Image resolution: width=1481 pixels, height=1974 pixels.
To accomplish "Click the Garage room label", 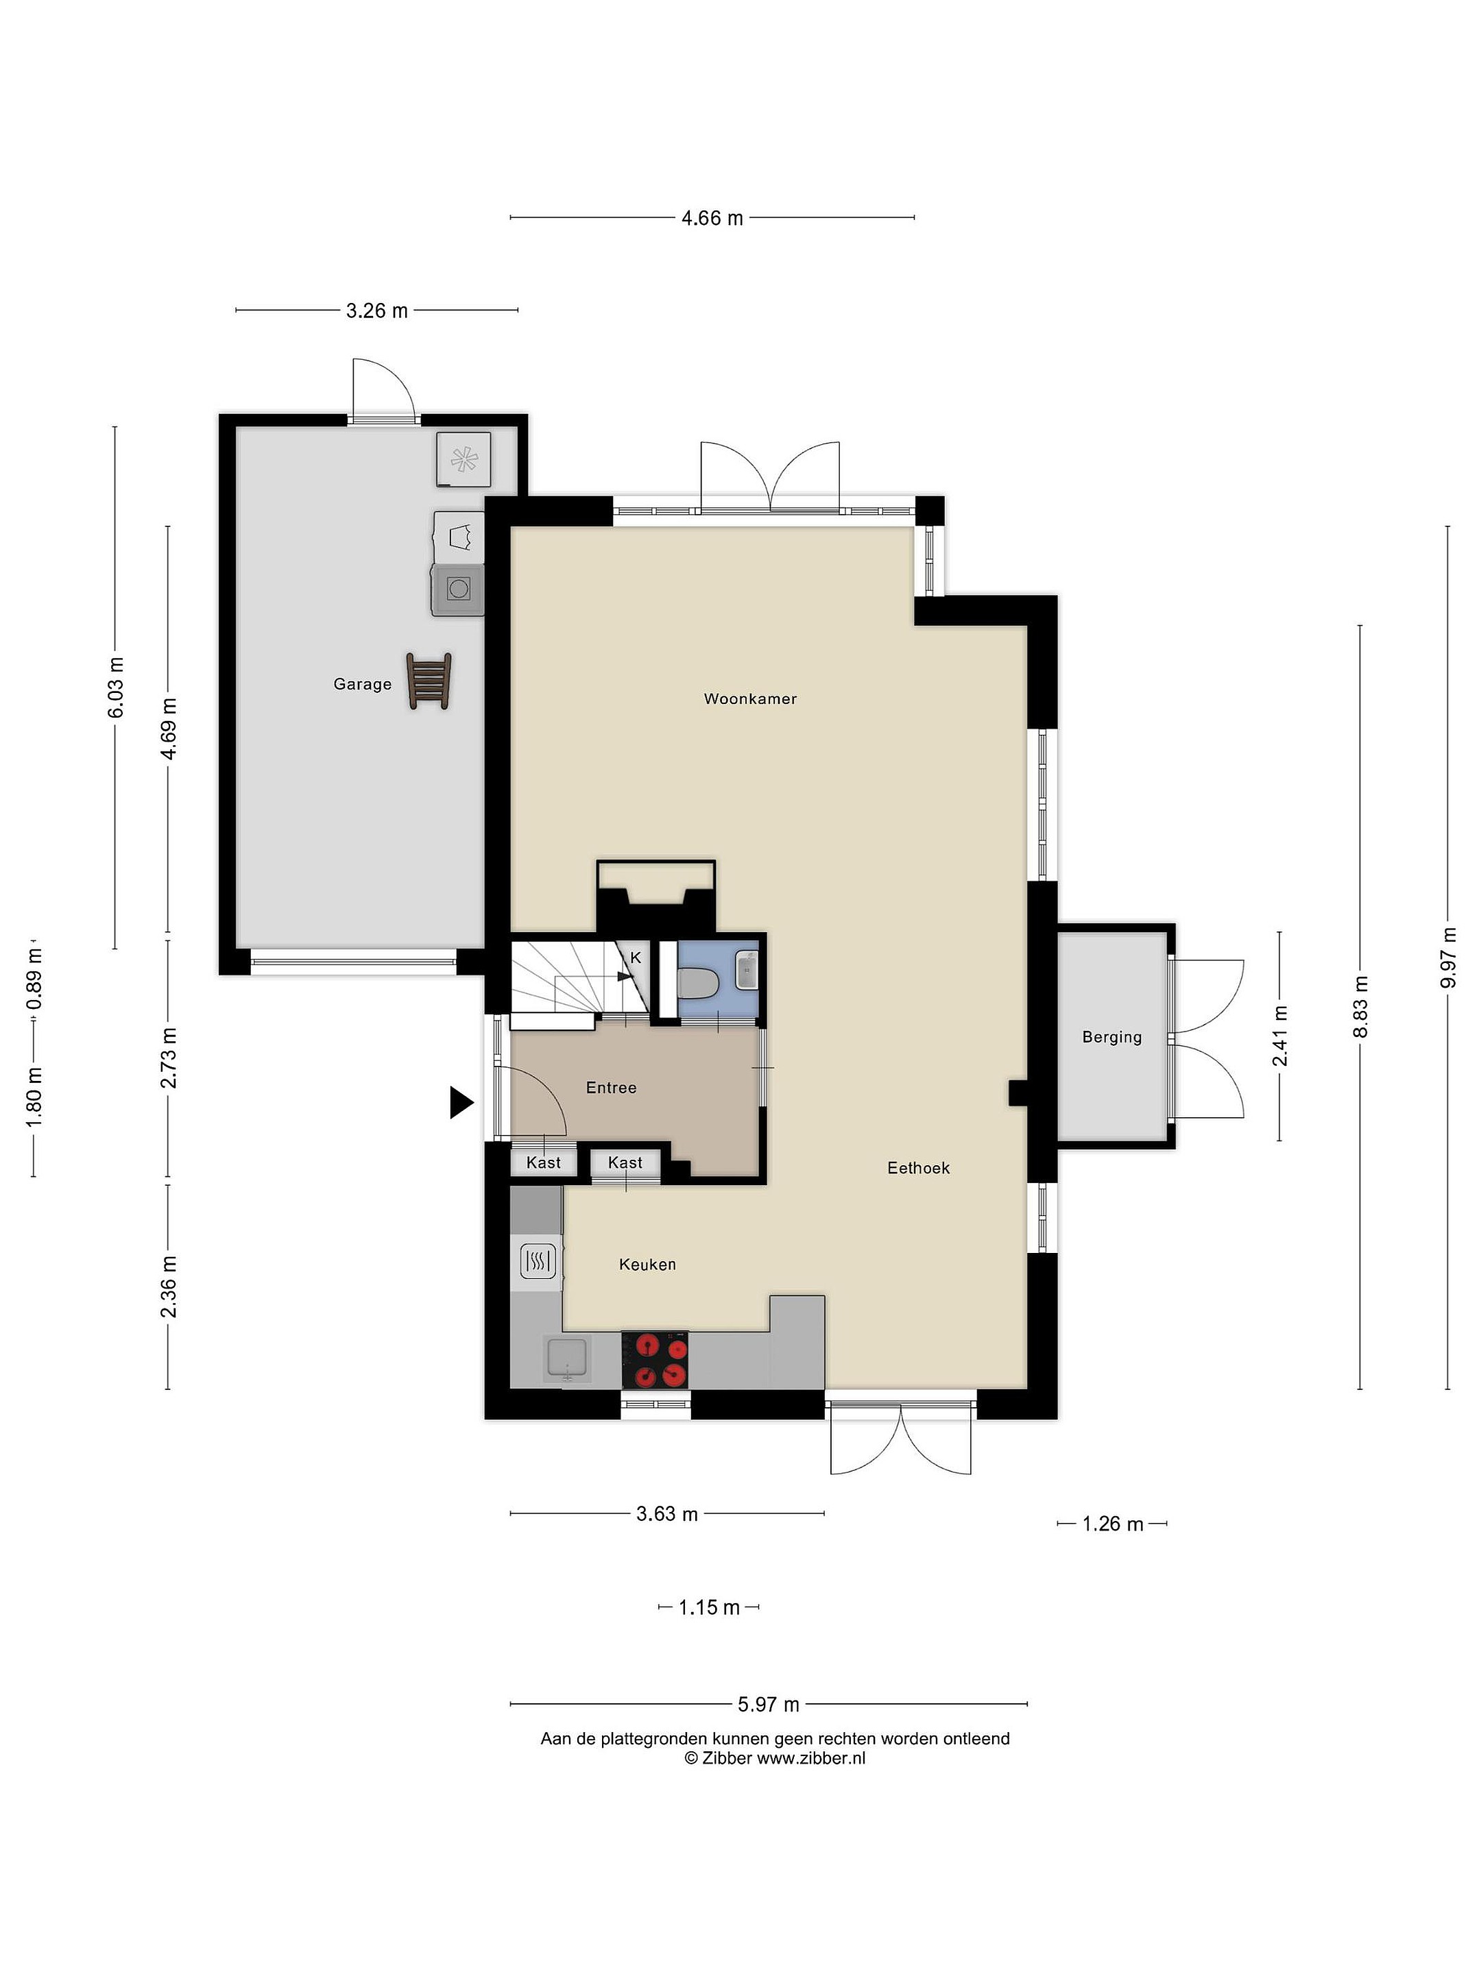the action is (x=363, y=685).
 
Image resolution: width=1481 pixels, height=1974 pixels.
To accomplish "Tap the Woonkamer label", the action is (x=750, y=698).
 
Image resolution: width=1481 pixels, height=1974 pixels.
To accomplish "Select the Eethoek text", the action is (x=919, y=1167).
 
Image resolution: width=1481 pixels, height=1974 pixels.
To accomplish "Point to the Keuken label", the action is (x=647, y=1264).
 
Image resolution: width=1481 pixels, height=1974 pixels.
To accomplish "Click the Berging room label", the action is (x=1111, y=1037).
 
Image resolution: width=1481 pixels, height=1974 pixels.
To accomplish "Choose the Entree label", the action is (x=612, y=1087).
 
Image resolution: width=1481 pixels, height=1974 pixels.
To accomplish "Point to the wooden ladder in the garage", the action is (x=429, y=681).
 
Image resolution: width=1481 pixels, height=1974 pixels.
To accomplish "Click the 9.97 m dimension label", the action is (x=1448, y=957).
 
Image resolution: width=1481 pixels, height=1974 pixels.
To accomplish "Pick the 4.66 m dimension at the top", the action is (x=712, y=218).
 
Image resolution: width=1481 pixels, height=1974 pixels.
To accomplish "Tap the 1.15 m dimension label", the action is (x=709, y=1607).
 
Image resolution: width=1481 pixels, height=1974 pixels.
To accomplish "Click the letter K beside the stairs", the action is (x=636, y=958).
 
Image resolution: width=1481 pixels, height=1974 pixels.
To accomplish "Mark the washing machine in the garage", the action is (x=458, y=588).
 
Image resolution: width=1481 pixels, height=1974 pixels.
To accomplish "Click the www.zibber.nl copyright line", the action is (x=775, y=1758).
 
